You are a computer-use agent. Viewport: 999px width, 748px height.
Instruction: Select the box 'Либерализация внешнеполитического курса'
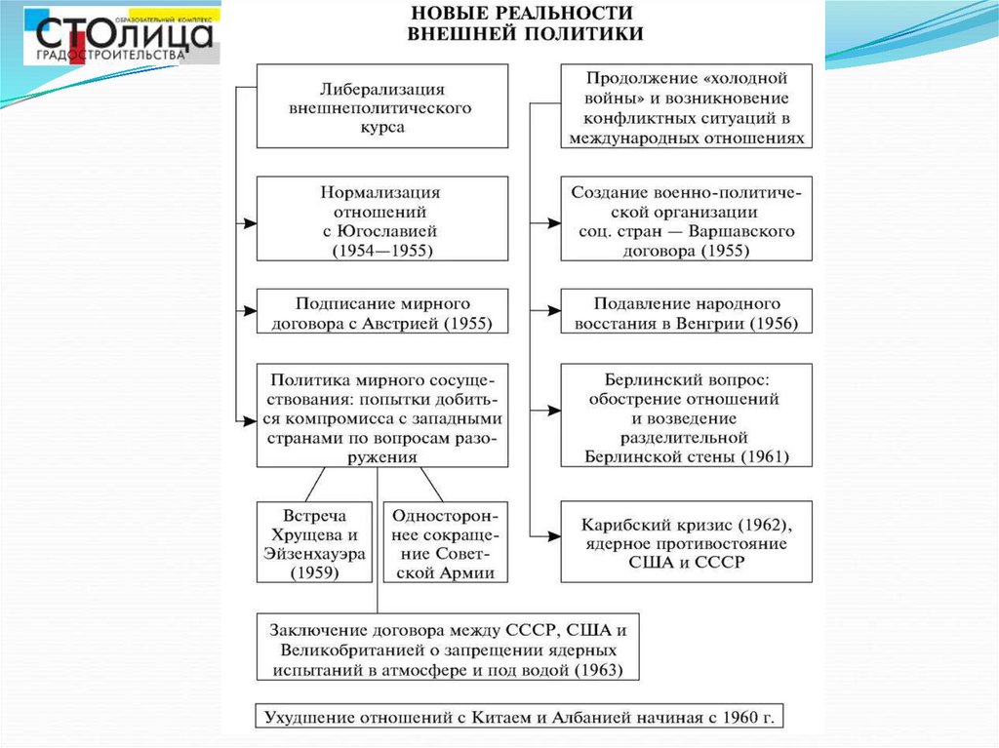[x=381, y=106]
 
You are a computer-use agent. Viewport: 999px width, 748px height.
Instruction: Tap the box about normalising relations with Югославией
[x=381, y=217]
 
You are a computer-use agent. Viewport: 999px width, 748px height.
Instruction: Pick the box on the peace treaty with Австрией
[x=381, y=311]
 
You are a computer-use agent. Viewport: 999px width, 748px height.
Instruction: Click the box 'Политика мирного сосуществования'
[x=381, y=414]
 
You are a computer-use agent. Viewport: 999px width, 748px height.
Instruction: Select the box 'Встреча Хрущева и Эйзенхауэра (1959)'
[x=313, y=543]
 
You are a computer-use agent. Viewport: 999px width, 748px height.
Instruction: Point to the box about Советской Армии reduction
[x=445, y=543]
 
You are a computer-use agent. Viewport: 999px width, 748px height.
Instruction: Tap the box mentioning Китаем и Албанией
[x=519, y=717]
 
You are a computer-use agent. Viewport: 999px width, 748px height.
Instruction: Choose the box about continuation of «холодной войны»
[x=686, y=106]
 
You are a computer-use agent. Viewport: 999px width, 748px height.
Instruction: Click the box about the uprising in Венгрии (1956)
[x=686, y=311]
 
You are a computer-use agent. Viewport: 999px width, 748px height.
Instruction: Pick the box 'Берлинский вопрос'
[x=686, y=414]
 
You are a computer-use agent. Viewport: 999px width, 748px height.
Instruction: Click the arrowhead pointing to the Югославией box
[x=250, y=222]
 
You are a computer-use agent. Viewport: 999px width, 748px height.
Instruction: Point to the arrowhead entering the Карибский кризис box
[x=553, y=534]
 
